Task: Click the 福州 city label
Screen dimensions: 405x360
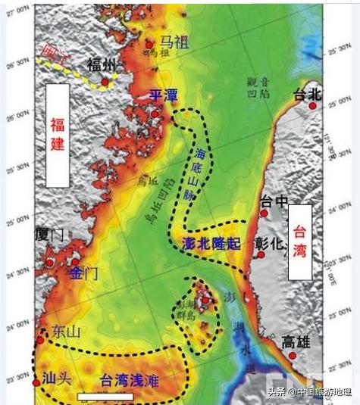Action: point(101,64)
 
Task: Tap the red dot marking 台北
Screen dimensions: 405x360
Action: point(311,107)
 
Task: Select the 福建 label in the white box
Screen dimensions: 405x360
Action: point(58,134)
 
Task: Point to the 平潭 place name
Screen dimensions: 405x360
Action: point(163,95)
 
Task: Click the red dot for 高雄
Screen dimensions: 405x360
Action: point(293,355)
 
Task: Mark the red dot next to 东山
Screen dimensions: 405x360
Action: point(39,330)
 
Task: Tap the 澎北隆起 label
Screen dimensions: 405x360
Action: point(211,242)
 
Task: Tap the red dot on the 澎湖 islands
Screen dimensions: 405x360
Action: point(205,300)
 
